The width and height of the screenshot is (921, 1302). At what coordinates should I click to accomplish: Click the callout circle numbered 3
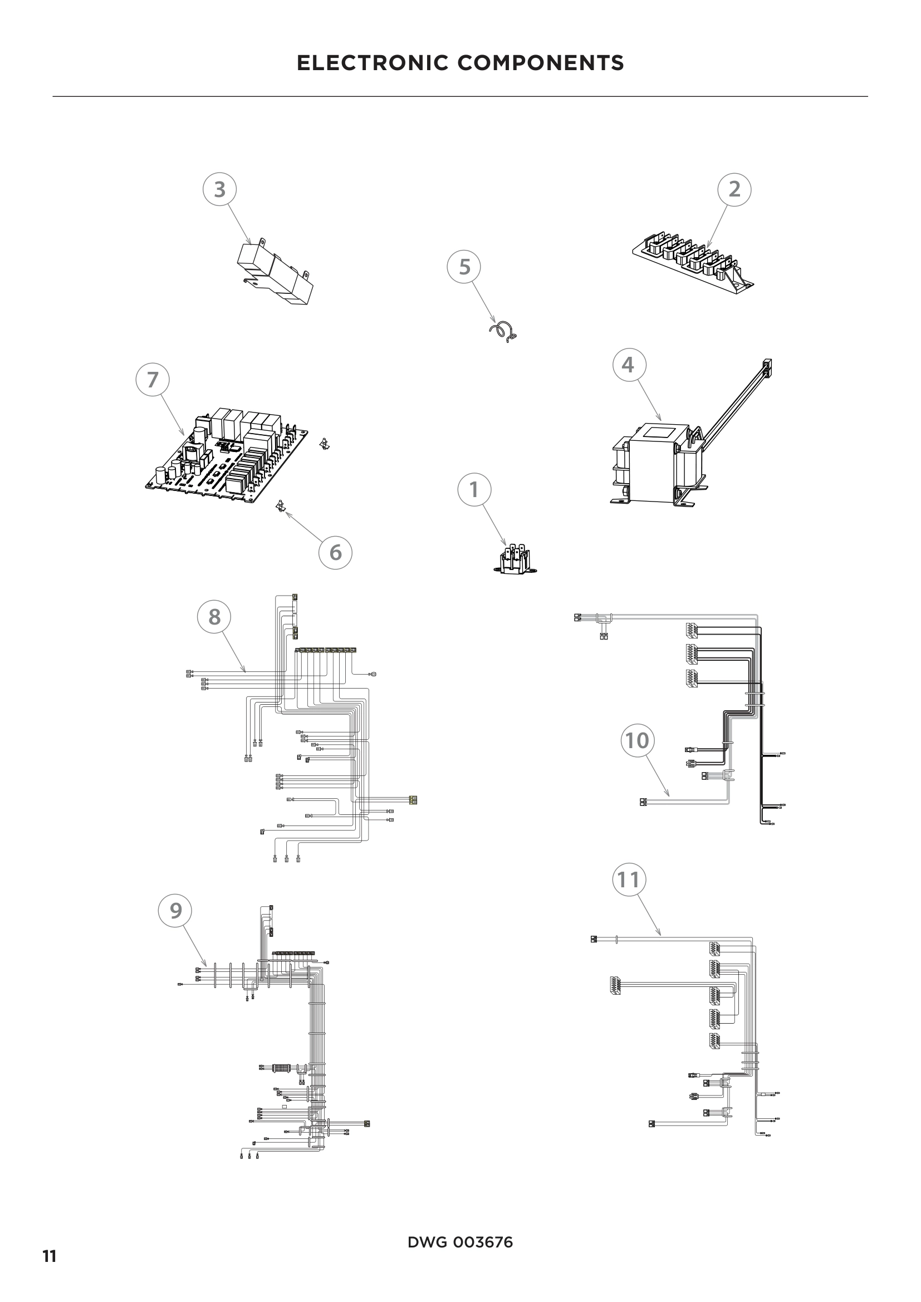coord(219,189)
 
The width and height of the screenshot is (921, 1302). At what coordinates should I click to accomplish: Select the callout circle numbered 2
coord(734,189)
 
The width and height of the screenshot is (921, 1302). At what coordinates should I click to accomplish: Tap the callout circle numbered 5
coord(464,267)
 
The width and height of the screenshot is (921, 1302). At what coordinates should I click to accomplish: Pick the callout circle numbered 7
coord(153,380)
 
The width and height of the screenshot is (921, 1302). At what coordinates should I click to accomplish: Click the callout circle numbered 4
coord(628,365)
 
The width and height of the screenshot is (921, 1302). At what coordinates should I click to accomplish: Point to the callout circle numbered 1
coord(474,489)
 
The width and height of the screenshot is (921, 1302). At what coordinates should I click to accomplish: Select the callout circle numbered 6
coord(335,552)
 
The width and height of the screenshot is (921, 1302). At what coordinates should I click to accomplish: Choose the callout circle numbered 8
coord(214,616)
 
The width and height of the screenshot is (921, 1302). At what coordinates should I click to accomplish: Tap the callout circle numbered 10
coord(637,740)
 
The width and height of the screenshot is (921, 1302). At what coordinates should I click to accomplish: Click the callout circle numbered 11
coord(628,880)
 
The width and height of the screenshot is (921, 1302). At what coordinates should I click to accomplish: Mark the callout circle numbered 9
coord(175,910)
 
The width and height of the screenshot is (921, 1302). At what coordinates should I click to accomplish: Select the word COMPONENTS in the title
coord(541,63)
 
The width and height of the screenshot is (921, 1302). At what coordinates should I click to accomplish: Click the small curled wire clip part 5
coord(503,332)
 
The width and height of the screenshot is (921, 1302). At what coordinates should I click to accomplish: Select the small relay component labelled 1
coord(514,559)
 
